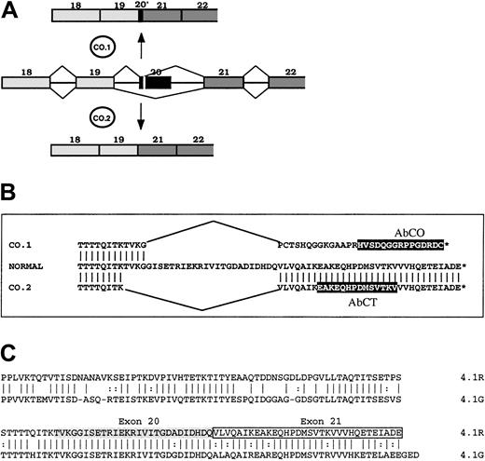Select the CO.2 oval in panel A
coord(104,119)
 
